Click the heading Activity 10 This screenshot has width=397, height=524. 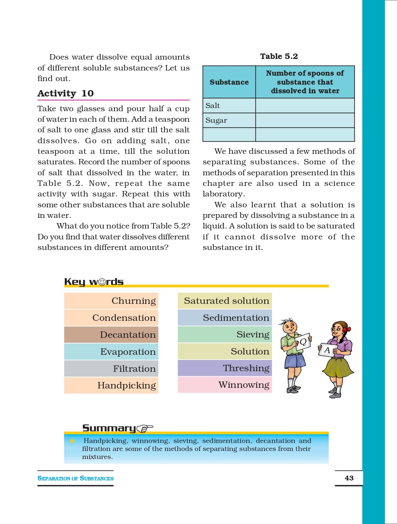pyautogui.click(x=65, y=93)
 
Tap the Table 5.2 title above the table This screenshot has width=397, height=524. pyautogui.click(x=279, y=56)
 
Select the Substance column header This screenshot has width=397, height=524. pyautogui.click(x=229, y=82)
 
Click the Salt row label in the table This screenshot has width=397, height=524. pyautogui.click(x=213, y=105)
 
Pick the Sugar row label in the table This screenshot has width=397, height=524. pyautogui.click(x=216, y=121)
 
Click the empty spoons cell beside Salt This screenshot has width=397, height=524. pyautogui.click(x=305, y=105)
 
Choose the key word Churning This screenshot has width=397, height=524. pyautogui.click(x=133, y=301)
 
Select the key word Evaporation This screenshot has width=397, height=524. pyautogui.click(x=128, y=352)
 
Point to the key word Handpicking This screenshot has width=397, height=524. pyautogui.click(x=126, y=385)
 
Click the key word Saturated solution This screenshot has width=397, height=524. pyautogui.click(x=226, y=301)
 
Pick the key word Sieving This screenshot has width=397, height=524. pyautogui.click(x=253, y=335)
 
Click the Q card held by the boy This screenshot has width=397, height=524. pyautogui.click(x=303, y=342)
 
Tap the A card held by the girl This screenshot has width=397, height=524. pyautogui.click(x=327, y=350)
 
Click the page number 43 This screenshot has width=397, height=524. pyautogui.click(x=349, y=478)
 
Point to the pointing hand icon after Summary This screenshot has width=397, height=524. pyautogui.click(x=145, y=428)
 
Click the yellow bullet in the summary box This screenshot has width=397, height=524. pyautogui.click(x=72, y=441)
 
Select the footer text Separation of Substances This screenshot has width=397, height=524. pyautogui.click(x=75, y=478)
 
